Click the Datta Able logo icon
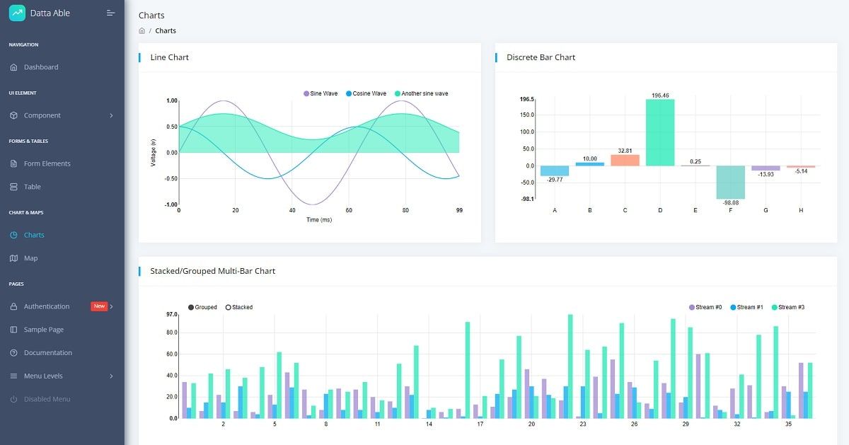(17, 13)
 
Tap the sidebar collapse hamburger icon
(110, 13)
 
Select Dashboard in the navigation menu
(41, 67)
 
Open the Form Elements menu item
(47, 163)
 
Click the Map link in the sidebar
(30, 258)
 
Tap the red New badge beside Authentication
(99, 306)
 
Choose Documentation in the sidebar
(47, 352)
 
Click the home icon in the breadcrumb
(142, 31)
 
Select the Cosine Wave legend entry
(366, 93)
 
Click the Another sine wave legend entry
(421, 93)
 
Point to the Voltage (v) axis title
(154, 153)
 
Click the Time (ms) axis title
(319, 220)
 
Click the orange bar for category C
(625, 160)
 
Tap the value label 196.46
(660, 95)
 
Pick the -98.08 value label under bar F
(730, 202)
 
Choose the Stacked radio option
(238, 307)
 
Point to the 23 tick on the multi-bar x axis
(582, 424)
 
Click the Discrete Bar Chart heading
(541, 57)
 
